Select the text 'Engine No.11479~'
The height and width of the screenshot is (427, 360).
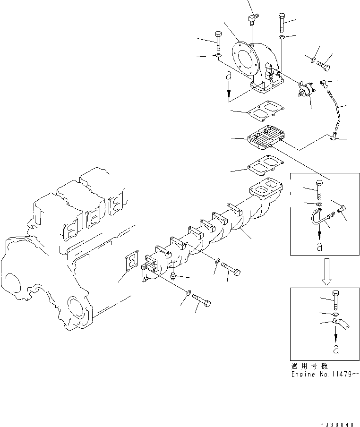(325, 373)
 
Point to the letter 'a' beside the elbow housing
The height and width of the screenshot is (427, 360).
(229, 76)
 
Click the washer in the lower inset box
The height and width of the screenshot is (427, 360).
(335, 314)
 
